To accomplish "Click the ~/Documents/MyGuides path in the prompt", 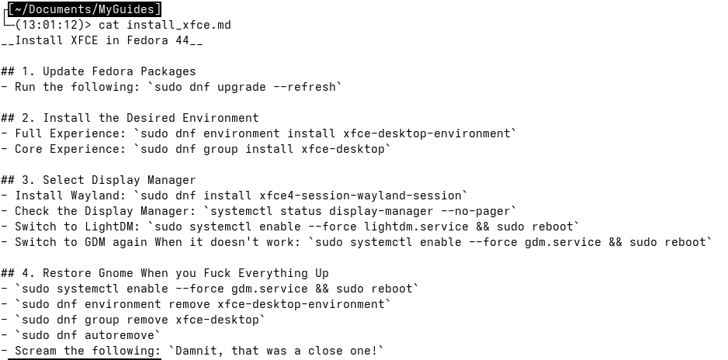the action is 85,9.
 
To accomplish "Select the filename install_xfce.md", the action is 179,25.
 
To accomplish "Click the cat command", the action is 109,25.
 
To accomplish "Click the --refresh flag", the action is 304,87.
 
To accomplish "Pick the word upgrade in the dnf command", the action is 241,87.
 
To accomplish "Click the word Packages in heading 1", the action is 168,71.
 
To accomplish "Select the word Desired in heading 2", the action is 151,118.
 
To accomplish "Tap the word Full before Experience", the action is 29,133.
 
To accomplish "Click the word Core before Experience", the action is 29,149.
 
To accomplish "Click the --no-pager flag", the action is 476,212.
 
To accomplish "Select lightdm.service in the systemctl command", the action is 417,227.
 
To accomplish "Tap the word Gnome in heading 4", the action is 116,273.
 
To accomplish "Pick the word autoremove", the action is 120,335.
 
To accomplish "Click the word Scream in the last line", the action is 36,351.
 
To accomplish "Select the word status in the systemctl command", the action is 301,212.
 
